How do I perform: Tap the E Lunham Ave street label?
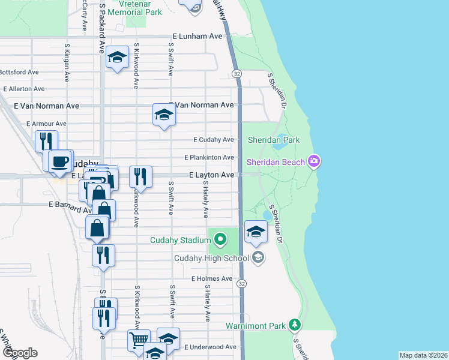pos(197,37)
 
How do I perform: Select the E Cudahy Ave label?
pos(213,140)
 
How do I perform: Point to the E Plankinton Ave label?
pos(209,157)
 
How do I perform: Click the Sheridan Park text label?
pos(274,140)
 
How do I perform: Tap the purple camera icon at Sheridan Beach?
pos(313,161)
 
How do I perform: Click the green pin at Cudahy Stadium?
pos(220,240)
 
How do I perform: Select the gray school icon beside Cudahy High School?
pos(258,258)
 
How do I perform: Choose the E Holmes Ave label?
pos(212,279)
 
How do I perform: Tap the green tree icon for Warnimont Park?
pos(294,325)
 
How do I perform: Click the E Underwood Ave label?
pos(210,347)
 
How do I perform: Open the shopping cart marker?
pos(139,340)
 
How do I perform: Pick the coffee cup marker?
pos(59,161)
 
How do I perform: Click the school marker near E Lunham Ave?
pos(118,58)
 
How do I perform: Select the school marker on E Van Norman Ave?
pos(163,115)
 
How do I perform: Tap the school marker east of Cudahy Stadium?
pos(256,232)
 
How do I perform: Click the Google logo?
pos(19,353)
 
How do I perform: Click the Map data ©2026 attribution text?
pos(423,355)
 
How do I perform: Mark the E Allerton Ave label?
pos(24,89)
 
